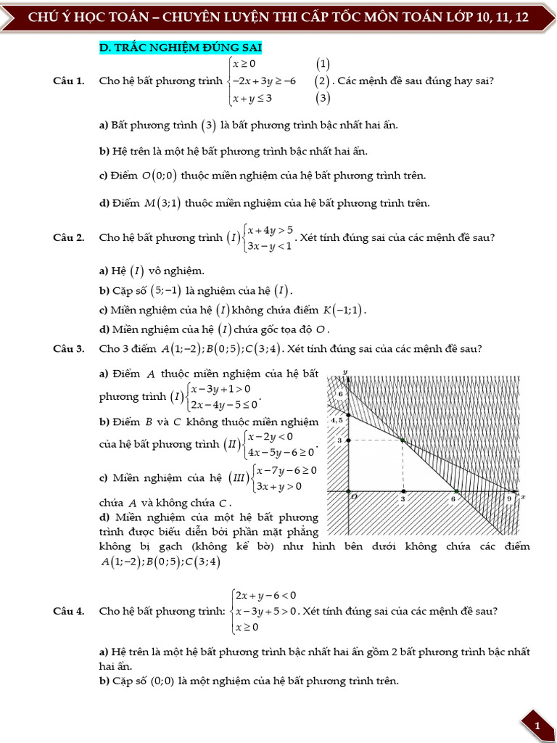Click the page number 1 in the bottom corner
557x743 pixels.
coord(537,726)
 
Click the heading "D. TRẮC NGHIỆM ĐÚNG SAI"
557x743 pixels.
coord(180,48)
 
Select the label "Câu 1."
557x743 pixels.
coord(69,81)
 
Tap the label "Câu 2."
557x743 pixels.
coord(69,237)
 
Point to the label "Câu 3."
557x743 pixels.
coord(69,349)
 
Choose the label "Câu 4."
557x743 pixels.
coord(69,611)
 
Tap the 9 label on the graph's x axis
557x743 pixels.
coord(509,499)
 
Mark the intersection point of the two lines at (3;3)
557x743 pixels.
coord(402,440)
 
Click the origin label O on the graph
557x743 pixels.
coord(354,498)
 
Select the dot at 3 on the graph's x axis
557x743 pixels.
coord(403,492)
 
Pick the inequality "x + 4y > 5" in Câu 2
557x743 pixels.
coord(270,231)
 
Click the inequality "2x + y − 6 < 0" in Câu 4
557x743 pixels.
coord(265,596)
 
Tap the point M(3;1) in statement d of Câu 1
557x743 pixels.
coord(162,203)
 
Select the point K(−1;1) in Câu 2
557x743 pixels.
coord(344,311)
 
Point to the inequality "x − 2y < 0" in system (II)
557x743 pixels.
coord(270,436)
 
